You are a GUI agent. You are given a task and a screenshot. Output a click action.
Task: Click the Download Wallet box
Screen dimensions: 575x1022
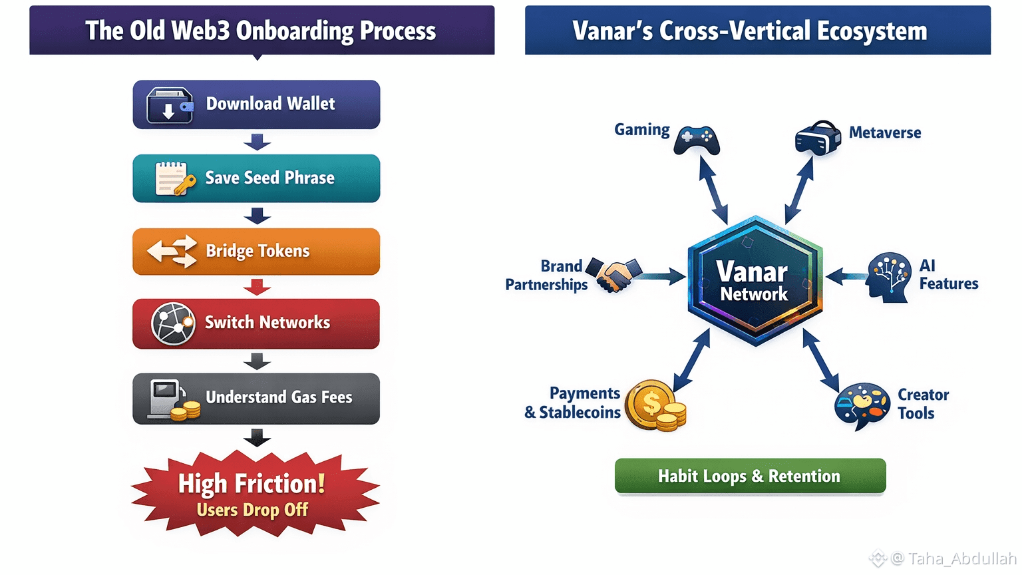256,104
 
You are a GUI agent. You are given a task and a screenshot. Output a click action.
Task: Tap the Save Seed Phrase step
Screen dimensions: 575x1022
256,178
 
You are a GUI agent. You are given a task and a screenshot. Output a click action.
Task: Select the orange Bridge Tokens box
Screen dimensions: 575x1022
256,252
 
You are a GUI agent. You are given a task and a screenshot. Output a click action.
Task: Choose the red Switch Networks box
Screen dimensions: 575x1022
256,323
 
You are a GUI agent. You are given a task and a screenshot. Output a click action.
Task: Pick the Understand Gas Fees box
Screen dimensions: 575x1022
256,398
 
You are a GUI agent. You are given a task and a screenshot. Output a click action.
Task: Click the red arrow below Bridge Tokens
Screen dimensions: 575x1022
257,287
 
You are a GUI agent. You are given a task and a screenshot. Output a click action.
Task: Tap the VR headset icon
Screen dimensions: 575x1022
817,138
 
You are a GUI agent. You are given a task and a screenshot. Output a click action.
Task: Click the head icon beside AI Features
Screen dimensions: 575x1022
889,277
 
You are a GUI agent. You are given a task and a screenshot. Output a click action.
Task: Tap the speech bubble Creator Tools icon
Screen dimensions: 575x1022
862,404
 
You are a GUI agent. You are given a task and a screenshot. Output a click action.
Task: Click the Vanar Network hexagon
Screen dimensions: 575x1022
755,281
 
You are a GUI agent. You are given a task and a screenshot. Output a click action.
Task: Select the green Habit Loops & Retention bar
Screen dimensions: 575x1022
750,476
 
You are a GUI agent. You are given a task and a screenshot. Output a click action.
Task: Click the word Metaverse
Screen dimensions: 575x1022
885,133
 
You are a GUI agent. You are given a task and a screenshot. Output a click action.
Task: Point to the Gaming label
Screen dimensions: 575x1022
641,130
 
